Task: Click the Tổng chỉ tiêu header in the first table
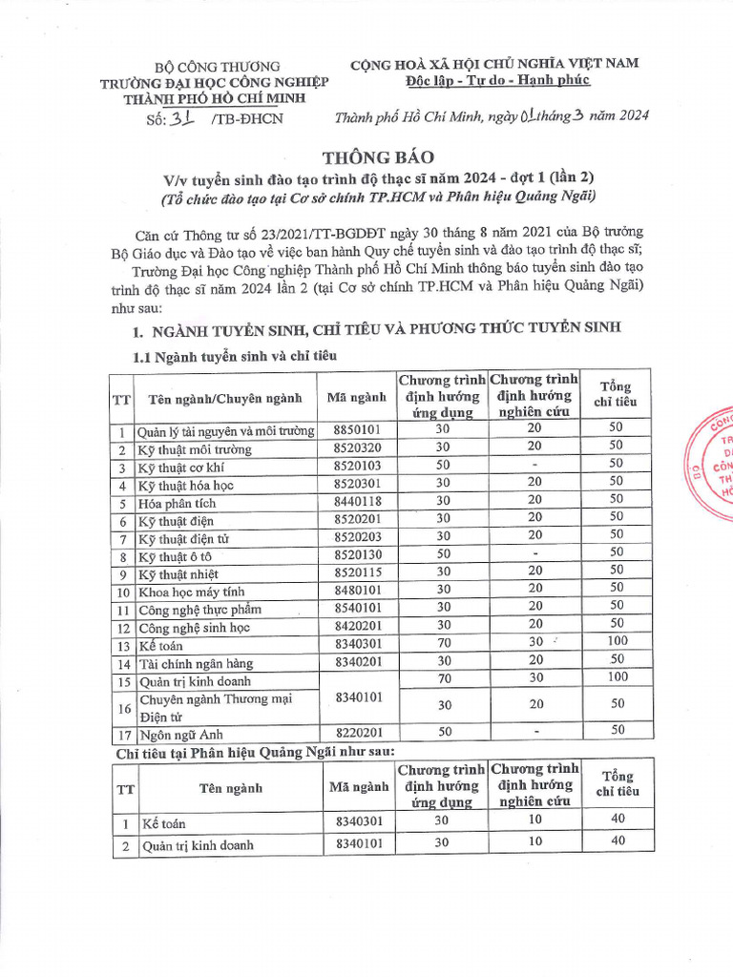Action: click(x=616, y=394)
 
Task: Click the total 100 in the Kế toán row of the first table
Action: click(x=616, y=641)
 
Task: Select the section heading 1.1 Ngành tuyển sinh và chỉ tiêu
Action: click(x=234, y=355)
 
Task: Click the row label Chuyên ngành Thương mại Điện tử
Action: click(x=215, y=707)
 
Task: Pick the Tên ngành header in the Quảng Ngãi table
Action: click(x=230, y=788)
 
